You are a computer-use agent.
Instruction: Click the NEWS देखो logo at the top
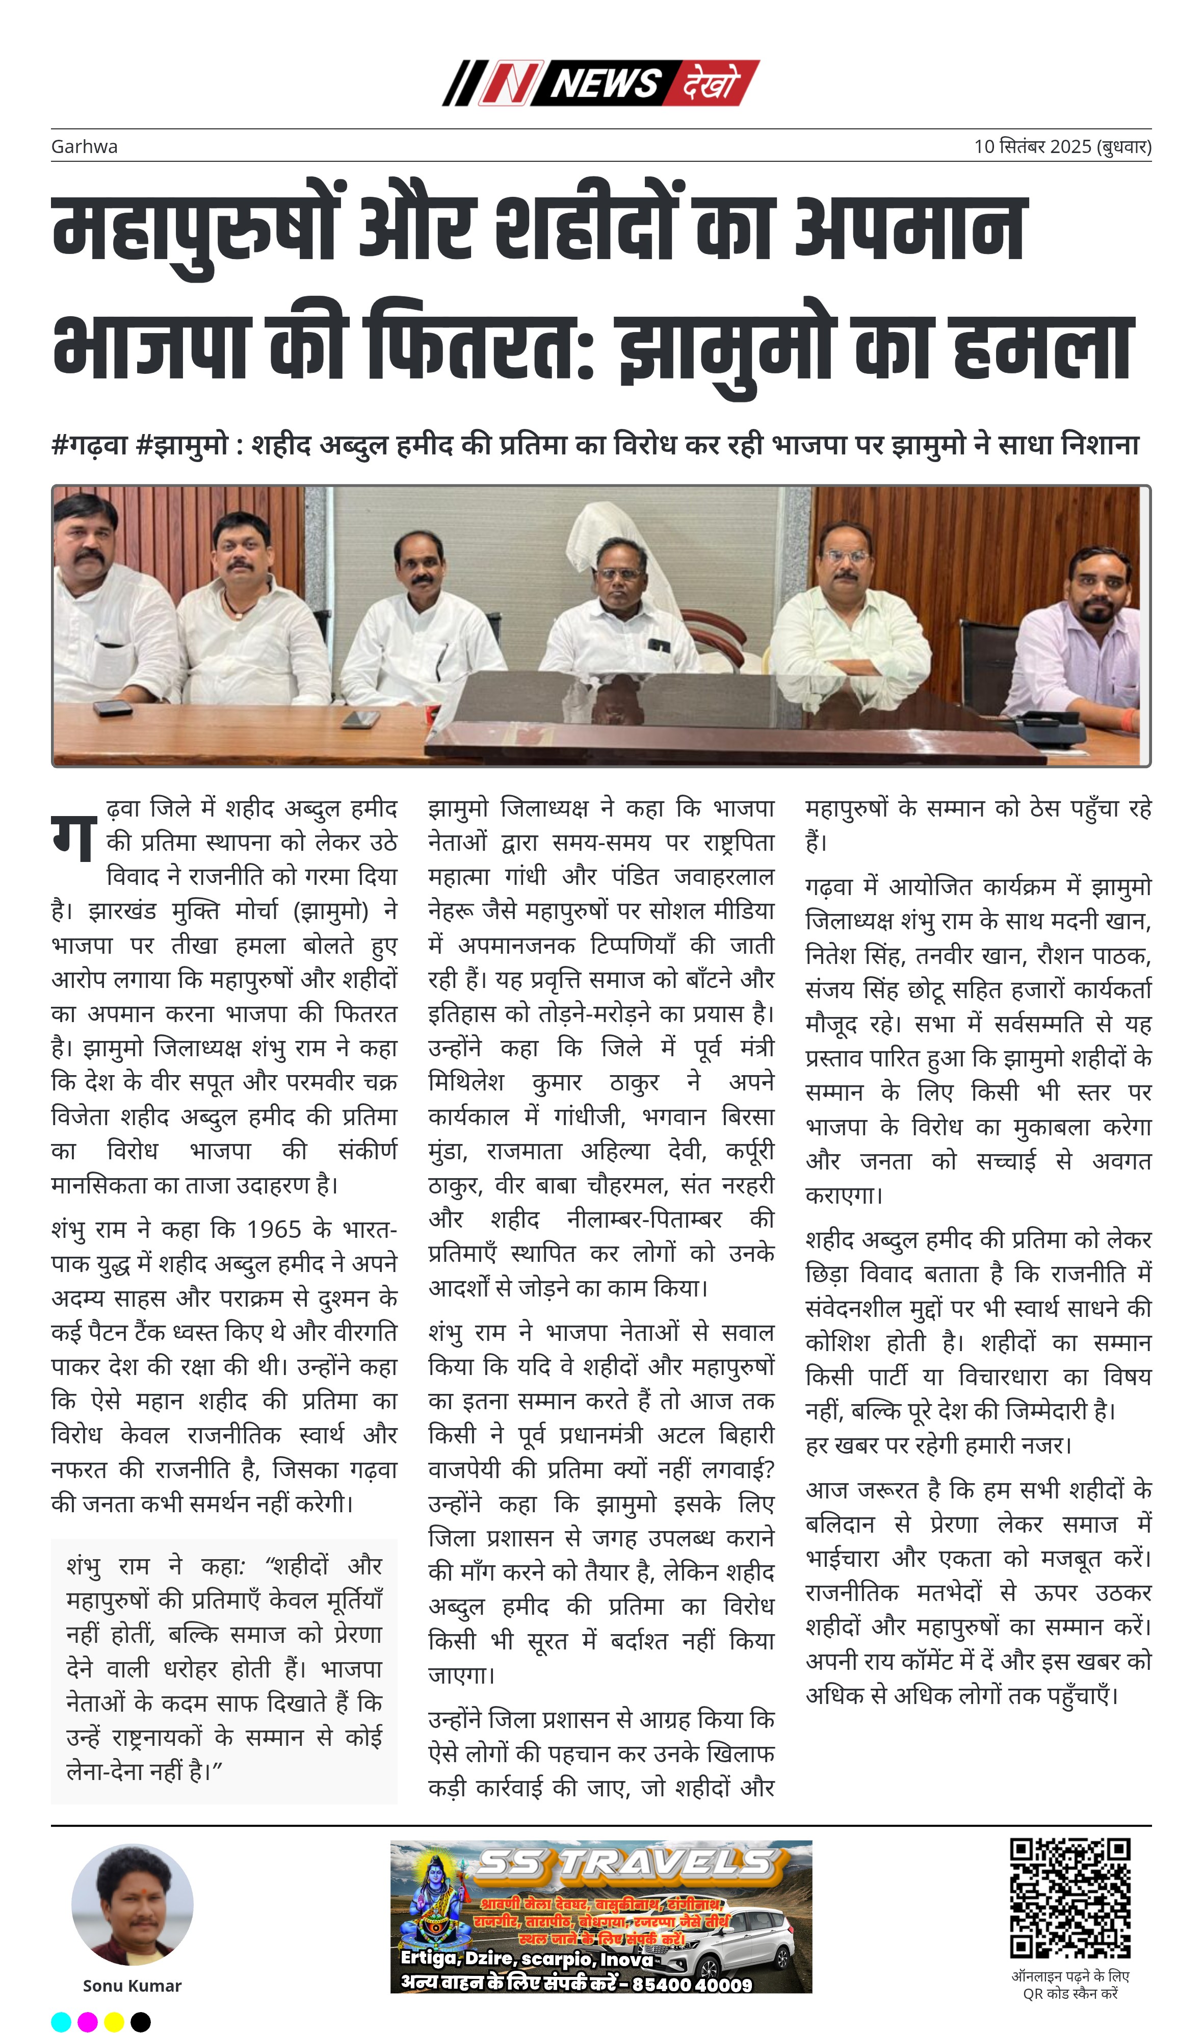[x=600, y=83]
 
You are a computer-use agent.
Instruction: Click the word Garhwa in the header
[x=84, y=147]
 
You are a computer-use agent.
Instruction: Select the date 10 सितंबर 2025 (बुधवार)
[x=1062, y=147]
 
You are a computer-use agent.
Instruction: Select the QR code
[x=1069, y=1898]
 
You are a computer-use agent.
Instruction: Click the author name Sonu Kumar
[x=132, y=1985]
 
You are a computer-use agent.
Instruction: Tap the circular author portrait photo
[x=132, y=1905]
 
